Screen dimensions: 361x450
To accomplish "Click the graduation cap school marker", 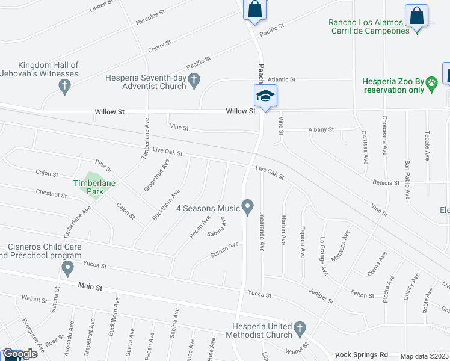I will (x=265, y=95).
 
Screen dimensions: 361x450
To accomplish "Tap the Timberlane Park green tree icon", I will (x=89, y=191).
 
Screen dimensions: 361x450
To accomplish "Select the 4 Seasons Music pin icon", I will (x=248, y=208).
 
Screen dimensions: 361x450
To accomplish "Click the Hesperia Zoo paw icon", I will (x=431, y=87).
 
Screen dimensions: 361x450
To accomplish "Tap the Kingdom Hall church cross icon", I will (x=65, y=87).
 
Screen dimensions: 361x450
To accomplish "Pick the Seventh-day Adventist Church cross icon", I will (x=194, y=80).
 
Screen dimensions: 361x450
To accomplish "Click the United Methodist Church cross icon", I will (x=300, y=329).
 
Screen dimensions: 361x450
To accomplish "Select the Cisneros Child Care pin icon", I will (x=67, y=267).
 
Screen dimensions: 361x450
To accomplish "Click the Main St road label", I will (x=90, y=288).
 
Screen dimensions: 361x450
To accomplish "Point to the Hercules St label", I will (x=150, y=20).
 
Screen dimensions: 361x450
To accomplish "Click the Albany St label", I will (x=321, y=129).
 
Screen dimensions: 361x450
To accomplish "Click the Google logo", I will (x=20, y=354).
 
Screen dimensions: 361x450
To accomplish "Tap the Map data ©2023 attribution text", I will (x=423, y=356).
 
